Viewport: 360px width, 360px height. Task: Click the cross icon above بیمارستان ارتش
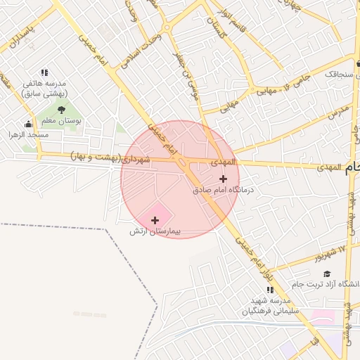[155, 220]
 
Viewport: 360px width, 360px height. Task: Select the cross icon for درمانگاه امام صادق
[223, 179]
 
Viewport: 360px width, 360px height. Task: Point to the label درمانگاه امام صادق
[223, 190]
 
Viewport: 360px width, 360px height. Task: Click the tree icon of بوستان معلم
[61, 110]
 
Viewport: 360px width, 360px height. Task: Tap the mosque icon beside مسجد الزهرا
[28, 124]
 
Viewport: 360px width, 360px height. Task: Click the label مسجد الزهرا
[28, 134]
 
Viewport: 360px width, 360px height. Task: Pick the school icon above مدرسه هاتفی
[44, 72]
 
